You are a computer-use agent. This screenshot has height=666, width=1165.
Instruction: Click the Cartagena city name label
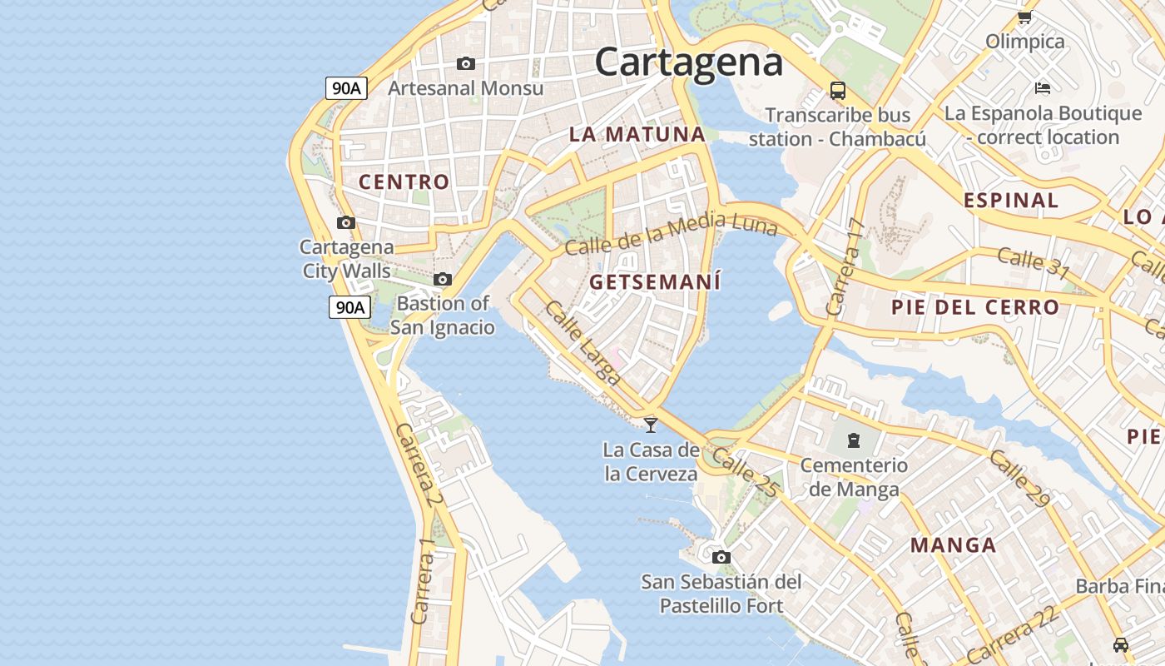(689, 62)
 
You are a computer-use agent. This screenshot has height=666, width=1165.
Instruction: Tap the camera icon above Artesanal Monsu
(466, 63)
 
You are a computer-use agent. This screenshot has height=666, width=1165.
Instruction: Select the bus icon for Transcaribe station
(837, 91)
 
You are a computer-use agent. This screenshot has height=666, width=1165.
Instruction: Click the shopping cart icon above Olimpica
(1024, 17)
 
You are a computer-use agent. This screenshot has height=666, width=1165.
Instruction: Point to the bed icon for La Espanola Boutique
(1042, 87)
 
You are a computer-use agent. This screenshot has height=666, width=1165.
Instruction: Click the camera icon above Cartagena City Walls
(346, 222)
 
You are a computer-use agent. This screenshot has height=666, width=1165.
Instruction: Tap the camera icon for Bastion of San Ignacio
(443, 279)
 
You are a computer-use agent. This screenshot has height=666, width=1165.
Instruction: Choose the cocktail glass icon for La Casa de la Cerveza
(651, 425)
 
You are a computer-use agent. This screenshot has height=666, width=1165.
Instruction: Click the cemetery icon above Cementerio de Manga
(853, 440)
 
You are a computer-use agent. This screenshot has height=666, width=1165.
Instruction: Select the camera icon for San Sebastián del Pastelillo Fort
(721, 557)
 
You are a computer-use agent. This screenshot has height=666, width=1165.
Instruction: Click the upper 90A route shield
(346, 88)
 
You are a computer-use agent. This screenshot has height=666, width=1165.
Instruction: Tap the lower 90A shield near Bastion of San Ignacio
(349, 307)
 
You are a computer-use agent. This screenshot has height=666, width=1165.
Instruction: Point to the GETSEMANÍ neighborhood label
(655, 282)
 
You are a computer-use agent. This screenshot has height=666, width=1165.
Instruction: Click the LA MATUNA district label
(637, 134)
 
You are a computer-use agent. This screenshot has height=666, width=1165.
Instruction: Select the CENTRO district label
(404, 181)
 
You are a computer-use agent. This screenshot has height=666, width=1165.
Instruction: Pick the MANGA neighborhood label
(953, 545)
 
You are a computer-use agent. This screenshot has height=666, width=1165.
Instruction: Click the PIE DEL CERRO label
(975, 307)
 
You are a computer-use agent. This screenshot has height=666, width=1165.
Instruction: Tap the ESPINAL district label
(1011, 200)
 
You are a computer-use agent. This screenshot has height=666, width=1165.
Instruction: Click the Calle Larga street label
(582, 342)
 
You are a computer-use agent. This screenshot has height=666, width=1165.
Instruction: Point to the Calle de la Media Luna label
(671, 234)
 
